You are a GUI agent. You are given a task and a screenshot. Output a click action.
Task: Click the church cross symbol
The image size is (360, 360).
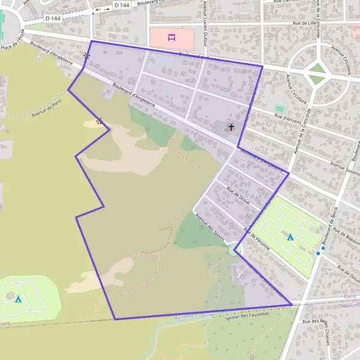coord(231,127)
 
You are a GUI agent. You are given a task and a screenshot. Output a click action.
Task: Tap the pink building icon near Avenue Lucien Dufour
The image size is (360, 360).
coord(171,38)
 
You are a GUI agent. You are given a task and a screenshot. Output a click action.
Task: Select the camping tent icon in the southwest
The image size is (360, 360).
coord(18,298)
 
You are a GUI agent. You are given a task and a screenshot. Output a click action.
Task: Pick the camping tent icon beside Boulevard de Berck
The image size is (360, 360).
coord(290,237)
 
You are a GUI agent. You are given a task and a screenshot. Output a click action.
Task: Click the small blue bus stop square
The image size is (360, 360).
coord(323,248)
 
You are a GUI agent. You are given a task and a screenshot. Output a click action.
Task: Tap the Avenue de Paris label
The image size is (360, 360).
coord(47,107)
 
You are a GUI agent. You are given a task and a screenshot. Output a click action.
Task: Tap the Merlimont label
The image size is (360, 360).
coord(350,304)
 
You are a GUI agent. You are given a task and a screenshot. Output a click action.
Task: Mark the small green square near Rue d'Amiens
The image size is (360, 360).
coord(278,109)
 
